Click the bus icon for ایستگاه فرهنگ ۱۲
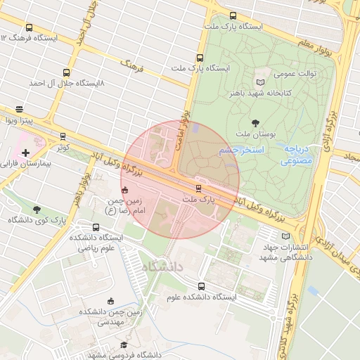pos(29,27)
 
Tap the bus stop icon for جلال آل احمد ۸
pos(67,72)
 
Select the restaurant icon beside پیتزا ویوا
pos(19,110)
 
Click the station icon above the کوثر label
pos(63,136)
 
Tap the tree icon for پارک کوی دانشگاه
pos(37,209)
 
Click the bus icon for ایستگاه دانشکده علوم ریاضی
pos(96,227)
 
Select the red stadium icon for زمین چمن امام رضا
pos(125,189)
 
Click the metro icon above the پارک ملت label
pos(199,188)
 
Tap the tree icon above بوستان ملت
pos(255,122)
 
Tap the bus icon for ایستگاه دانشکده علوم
pos(202,286)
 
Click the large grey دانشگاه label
pos(161,267)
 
